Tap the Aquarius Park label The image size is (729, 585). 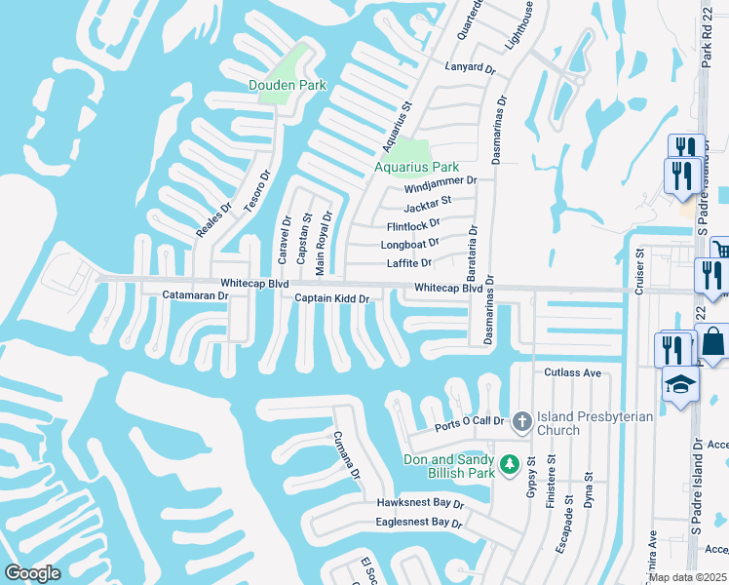click(416, 167)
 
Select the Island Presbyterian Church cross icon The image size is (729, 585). click(521, 421)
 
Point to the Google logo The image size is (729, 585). click(32, 573)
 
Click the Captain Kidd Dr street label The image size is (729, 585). click(332, 299)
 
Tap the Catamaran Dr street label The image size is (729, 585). click(195, 294)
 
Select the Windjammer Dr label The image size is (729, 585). click(441, 180)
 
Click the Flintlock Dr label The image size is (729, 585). click(413, 224)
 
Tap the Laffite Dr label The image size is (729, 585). click(409, 262)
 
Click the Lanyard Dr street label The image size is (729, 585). click(471, 70)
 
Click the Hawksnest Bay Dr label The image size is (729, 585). click(420, 503)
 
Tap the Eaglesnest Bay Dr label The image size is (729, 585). click(419, 523)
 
